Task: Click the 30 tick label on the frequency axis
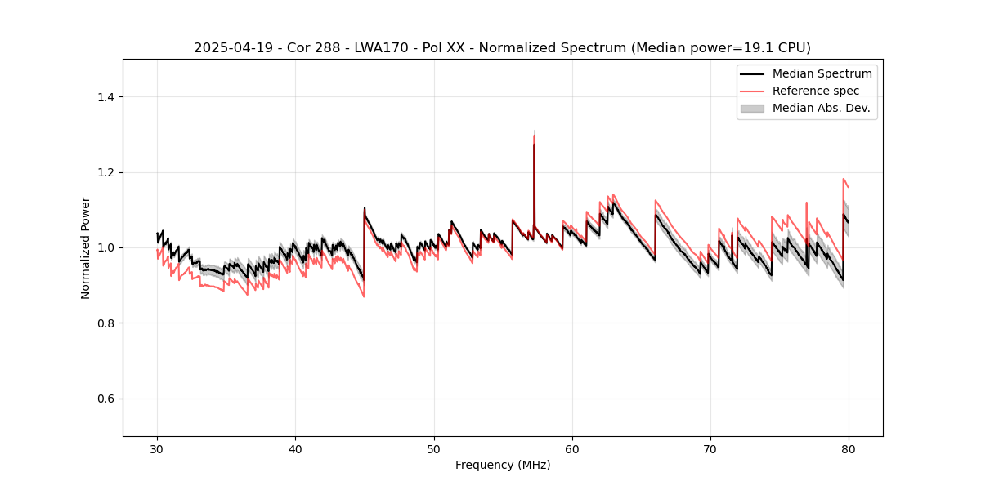point(157,449)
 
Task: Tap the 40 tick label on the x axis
point(295,449)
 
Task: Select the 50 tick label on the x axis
point(434,449)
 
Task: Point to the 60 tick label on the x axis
point(572,449)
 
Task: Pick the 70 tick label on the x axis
point(710,449)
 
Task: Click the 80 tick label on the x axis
point(849,449)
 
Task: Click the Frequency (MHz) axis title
point(503,465)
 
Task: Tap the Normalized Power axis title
point(86,247)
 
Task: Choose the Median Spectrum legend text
point(822,73)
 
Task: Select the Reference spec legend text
point(816,91)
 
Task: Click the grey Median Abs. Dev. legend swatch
point(752,108)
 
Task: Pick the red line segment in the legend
point(752,91)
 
